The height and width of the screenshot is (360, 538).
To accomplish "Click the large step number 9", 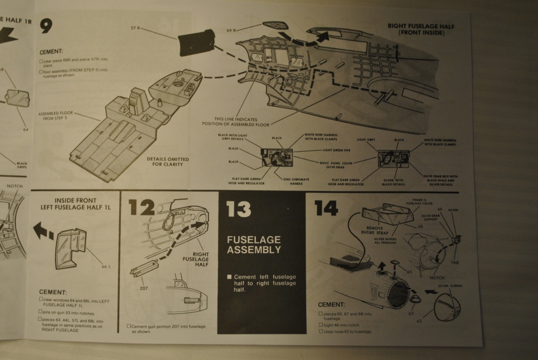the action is (x=46, y=25).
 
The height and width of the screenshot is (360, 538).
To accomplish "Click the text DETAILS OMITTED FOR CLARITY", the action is (x=168, y=161).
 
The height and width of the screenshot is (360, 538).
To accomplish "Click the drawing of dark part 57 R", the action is (x=196, y=43).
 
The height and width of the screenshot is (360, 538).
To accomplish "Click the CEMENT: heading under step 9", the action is (x=51, y=52).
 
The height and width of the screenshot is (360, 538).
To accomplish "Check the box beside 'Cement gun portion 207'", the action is (x=129, y=326).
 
